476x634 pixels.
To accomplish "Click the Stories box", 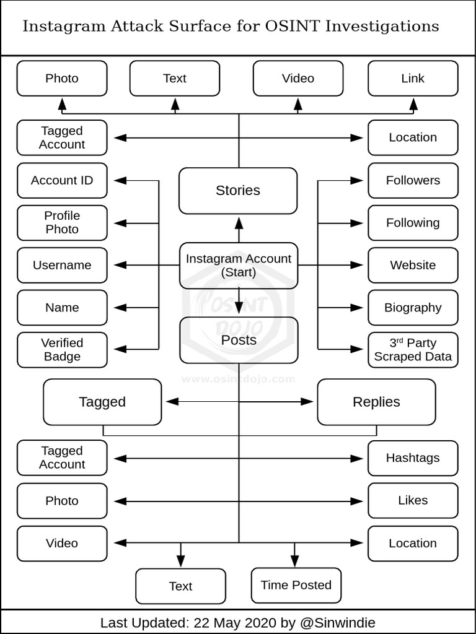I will pyautogui.click(x=238, y=191).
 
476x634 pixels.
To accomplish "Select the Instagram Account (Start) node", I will pyautogui.click(x=239, y=266).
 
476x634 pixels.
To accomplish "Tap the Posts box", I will pyautogui.click(x=239, y=341).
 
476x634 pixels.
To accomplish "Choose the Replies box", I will pyautogui.click(x=376, y=402).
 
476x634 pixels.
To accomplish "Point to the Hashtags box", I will pyautogui.click(x=413, y=458).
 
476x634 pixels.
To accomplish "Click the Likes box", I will pyautogui.click(x=413, y=500).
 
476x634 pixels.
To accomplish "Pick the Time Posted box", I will pyautogui.click(x=296, y=585).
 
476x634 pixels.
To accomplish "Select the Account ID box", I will pyautogui.click(x=62, y=181).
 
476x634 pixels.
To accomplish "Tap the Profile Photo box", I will pyautogui.click(x=62, y=223).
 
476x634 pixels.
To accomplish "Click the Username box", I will pyautogui.click(x=62, y=265).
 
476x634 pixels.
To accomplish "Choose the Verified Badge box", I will pyautogui.click(x=62, y=350).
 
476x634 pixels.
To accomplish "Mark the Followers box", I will pyautogui.click(x=413, y=181).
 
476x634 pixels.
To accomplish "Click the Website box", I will pyautogui.click(x=413, y=265).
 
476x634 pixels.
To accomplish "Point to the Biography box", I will pyautogui.click(x=413, y=308).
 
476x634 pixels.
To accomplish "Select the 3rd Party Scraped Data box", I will pyautogui.click(x=413, y=350).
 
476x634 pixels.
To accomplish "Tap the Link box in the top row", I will pyautogui.click(x=413, y=79).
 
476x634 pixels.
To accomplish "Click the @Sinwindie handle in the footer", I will pyautogui.click(x=338, y=622).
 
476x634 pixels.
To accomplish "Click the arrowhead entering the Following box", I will pyautogui.click(x=356, y=223).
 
